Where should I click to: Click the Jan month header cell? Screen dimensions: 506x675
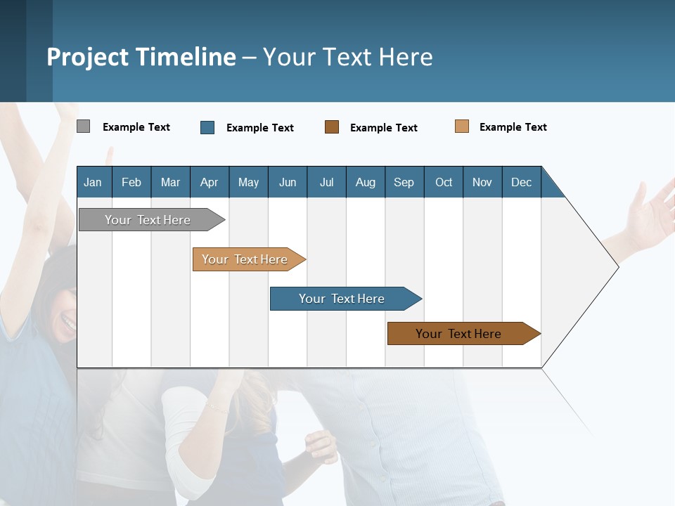tap(94, 182)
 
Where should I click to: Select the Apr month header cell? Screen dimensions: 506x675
tap(210, 182)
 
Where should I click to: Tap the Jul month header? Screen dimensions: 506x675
tap(326, 182)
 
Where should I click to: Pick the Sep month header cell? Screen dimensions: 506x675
tap(404, 182)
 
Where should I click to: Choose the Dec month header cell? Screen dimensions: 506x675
tap(521, 182)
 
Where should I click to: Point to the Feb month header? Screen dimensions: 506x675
tap(131, 182)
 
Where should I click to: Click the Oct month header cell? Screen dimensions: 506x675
tap(444, 182)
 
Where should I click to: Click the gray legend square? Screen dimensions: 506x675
tap(84, 126)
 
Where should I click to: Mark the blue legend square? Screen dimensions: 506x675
tap(207, 127)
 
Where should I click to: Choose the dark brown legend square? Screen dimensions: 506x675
tap(332, 126)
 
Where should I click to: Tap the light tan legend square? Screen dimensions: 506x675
tap(462, 126)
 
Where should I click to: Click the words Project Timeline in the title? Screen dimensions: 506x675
tap(141, 57)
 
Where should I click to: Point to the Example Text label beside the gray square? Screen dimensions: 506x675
tap(136, 127)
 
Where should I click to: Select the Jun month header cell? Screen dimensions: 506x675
tap(288, 182)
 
